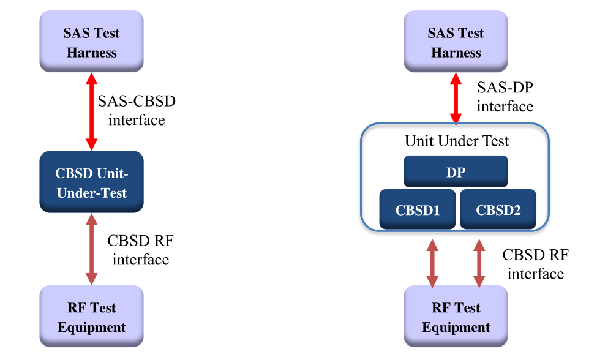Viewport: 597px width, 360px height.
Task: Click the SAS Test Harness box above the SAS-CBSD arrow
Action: pos(91,42)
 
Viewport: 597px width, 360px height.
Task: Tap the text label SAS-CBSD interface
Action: pos(137,110)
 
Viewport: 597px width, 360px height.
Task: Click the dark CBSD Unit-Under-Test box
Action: pos(91,182)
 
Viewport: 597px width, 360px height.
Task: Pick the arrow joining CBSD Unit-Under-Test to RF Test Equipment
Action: pos(91,249)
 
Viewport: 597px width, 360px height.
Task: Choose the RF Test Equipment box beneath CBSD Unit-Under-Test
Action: pos(91,317)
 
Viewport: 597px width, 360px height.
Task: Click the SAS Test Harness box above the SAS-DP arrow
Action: pos(456,42)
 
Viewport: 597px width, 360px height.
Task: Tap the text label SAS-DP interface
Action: pos(505,97)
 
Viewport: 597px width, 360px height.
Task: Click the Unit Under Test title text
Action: pos(457,141)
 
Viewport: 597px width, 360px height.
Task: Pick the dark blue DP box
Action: pos(456,171)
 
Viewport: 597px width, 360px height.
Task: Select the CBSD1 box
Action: pos(418,209)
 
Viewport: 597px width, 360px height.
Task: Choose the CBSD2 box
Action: pos(498,209)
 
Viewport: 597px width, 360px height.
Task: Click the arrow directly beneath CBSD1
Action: pos(432,263)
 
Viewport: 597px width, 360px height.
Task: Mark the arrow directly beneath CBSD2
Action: pos(479,263)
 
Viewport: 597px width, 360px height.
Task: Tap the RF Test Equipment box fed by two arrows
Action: pos(456,317)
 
